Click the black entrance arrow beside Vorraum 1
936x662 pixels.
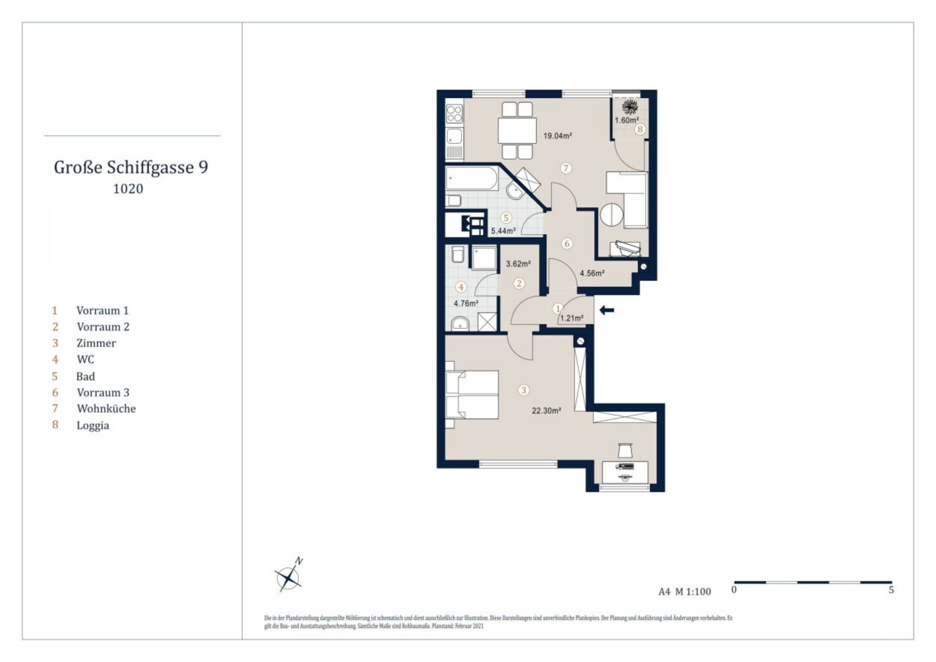607,311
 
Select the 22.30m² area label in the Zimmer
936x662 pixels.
546,411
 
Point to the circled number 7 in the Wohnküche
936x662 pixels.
566,168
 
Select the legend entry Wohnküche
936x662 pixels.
106,408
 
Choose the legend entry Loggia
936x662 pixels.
93,426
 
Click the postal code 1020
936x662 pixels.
128,189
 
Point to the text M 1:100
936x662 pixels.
693,591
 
